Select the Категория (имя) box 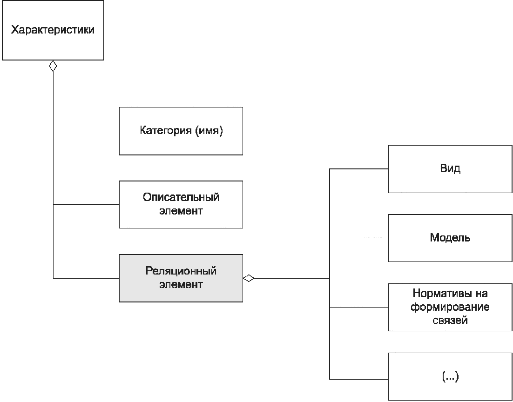(x=181, y=131)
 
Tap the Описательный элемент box (x=181, y=204)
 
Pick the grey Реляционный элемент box (x=181, y=278)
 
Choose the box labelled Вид (x=450, y=169)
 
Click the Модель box (x=450, y=238)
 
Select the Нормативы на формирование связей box (x=450, y=307)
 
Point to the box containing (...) (x=450, y=377)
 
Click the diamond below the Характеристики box (x=53, y=66)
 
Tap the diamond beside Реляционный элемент (x=249, y=278)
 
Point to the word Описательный (x=181, y=197)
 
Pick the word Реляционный (x=181, y=271)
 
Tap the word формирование (x=450, y=307)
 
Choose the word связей (x=450, y=320)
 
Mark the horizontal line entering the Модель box (x=358, y=238)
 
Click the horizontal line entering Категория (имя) (x=86, y=131)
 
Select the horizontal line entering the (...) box (x=358, y=378)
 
